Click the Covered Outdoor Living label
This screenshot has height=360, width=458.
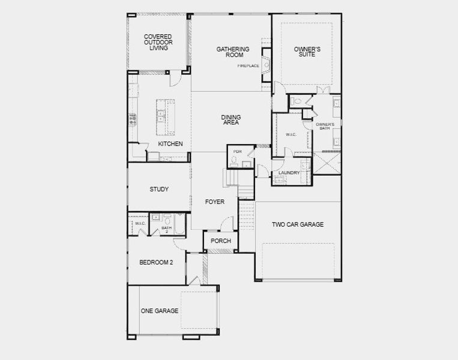[158, 43]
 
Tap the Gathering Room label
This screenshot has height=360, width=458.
[233, 52]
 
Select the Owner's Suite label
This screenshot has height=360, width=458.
[306, 52]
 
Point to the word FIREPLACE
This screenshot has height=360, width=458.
[248, 65]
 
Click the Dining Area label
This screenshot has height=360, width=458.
[231, 120]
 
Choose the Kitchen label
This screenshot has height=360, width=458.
[170, 145]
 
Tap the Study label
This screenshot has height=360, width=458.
[159, 190]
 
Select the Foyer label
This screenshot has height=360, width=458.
[214, 202]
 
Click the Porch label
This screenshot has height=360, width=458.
[220, 241]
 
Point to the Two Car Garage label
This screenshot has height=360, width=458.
[297, 224]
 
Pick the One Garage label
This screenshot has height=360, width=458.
[159, 311]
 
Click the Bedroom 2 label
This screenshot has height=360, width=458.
[156, 262]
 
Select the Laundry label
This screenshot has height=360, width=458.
[289, 173]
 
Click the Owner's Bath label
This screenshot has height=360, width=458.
[325, 127]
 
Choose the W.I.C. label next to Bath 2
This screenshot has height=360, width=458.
[140, 224]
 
